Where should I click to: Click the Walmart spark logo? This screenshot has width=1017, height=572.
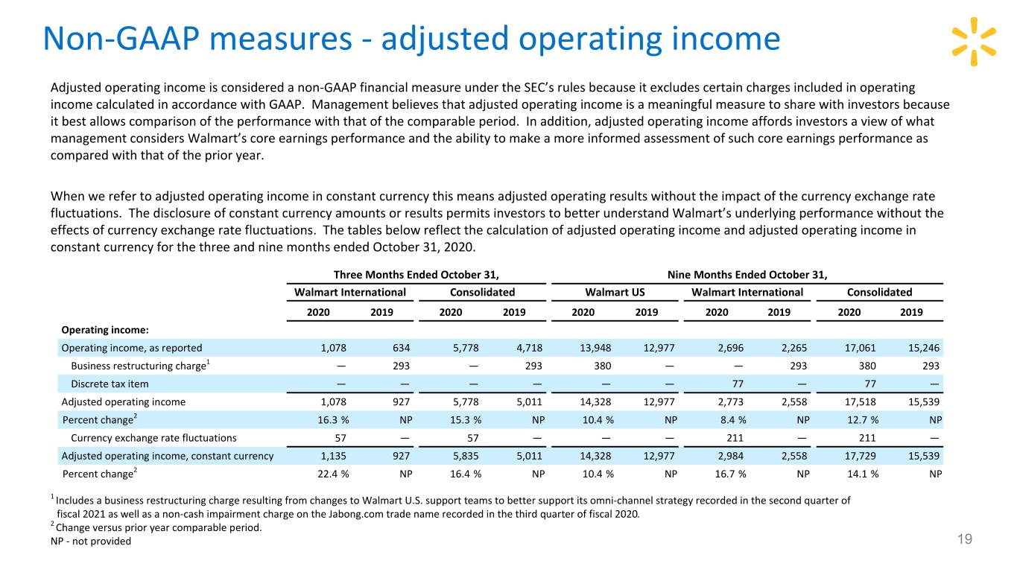[x=974, y=42]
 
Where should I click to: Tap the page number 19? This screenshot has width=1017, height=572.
[x=965, y=539]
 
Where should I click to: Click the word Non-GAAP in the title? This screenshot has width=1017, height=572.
[x=121, y=39]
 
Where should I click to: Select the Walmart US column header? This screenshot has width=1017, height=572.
[x=615, y=292]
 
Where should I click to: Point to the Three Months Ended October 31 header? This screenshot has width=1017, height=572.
[x=416, y=275]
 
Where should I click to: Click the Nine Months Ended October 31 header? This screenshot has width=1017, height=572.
[x=747, y=275]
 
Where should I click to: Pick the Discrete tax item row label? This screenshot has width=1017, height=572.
[x=110, y=384]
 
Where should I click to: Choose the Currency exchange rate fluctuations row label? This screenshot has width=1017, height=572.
[x=153, y=438]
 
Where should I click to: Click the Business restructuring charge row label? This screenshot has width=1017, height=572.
[x=140, y=366]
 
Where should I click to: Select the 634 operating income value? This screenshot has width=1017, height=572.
[x=402, y=348]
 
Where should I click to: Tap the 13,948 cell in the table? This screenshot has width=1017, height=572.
[x=595, y=348]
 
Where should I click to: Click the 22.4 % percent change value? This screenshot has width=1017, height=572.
[x=333, y=474]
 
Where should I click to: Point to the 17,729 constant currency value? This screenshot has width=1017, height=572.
[x=860, y=456]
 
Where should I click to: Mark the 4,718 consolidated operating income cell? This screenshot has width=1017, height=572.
[x=530, y=348]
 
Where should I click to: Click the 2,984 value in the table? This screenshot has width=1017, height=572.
[x=730, y=456]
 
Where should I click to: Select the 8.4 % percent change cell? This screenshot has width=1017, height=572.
[x=733, y=420]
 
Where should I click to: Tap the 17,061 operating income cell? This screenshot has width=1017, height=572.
[x=860, y=348]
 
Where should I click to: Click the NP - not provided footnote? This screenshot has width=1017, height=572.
[x=91, y=541]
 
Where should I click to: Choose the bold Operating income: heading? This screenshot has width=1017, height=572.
[x=105, y=330]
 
